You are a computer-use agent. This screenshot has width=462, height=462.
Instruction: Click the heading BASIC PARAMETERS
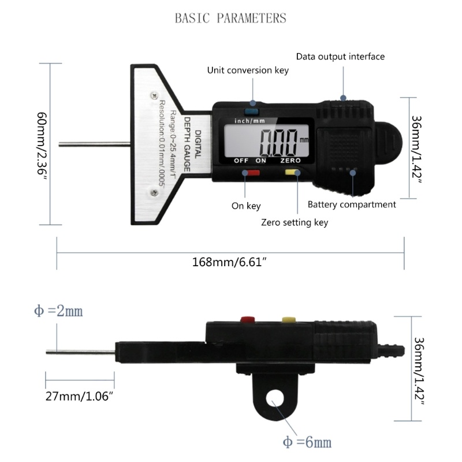click(230, 18)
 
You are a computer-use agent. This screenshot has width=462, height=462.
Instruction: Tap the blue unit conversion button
click(252, 111)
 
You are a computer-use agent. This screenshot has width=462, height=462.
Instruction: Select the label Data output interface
click(340, 57)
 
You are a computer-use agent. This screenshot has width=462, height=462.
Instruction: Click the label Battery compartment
click(352, 204)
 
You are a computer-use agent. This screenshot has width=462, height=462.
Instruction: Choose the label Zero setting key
click(295, 222)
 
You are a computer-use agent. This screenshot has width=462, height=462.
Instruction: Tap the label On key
click(246, 206)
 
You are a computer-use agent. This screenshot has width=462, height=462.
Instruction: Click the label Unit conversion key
click(248, 70)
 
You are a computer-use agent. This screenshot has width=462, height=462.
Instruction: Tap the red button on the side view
click(249, 318)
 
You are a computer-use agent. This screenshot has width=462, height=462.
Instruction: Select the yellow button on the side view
click(287, 318)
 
